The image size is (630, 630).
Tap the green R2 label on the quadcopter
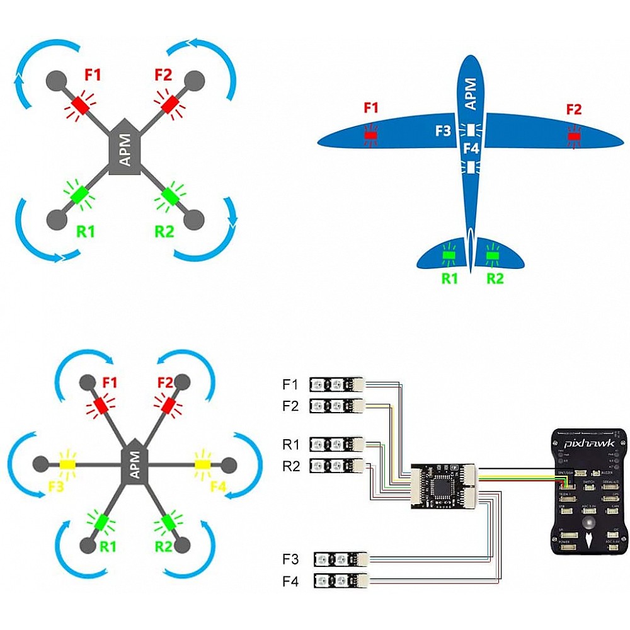tap(164, 231)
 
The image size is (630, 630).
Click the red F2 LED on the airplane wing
tap(573, 136)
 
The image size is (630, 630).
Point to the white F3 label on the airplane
tap(444, 131)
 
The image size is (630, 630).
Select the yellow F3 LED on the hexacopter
tap(67, 464)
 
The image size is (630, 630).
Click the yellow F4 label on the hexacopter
tap(218, 486)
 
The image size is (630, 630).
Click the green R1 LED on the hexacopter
tap(101, 522)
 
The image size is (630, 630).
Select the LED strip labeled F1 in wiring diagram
tap(338, 384)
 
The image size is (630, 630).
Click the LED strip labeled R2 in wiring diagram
tap(338, 466)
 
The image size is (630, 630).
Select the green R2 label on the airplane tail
tap(495, 278)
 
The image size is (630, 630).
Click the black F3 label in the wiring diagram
tap(291, 559)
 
